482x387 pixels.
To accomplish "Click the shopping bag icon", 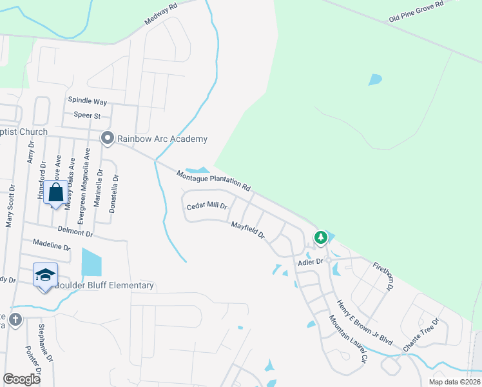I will pyautogui.click(x=56, y=193).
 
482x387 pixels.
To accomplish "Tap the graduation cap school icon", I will pyautogui.click(x=45, y=275).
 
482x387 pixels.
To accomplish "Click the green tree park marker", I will pyautogui.click(x=320, y=238).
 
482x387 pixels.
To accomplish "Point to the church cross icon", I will pyautogui.click(x=15, y=319).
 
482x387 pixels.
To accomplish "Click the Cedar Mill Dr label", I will pyautogui.click(x=207, y=206).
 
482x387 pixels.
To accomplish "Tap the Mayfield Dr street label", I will pyautogui.click(x=248, y=230).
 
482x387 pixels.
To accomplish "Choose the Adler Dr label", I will pyautogui.click(x=309, y=263).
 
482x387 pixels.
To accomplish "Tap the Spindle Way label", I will pyautogui.click(x=88, y=102).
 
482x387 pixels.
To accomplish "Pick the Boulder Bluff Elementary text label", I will pyautogui.click(x=104, y=286).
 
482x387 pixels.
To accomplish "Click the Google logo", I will pyautogui.click(x=22, y=379).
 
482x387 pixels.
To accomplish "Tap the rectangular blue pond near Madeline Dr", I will pyautogui.click(x=92, y=263).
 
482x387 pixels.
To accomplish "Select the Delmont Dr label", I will pyautogui.click(x=76, y=230).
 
